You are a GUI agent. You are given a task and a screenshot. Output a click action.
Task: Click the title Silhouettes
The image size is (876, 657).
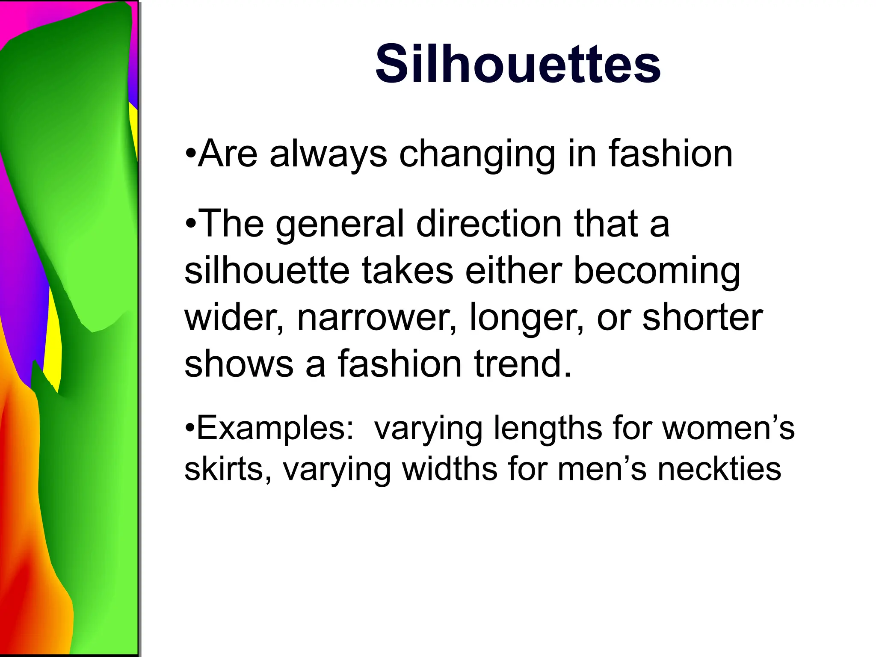tap(518, 64)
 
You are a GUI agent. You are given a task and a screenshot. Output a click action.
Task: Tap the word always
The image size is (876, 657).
tap(328, 154)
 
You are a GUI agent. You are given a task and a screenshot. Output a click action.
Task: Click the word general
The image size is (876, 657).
tap(340, 225)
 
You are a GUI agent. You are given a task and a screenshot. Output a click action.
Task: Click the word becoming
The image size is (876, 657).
tap(657, 272)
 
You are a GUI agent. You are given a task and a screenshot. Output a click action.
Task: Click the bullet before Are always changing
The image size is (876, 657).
tap(190, 153)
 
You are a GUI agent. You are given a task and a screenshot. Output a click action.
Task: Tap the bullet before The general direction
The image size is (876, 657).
tap(190, 223)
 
